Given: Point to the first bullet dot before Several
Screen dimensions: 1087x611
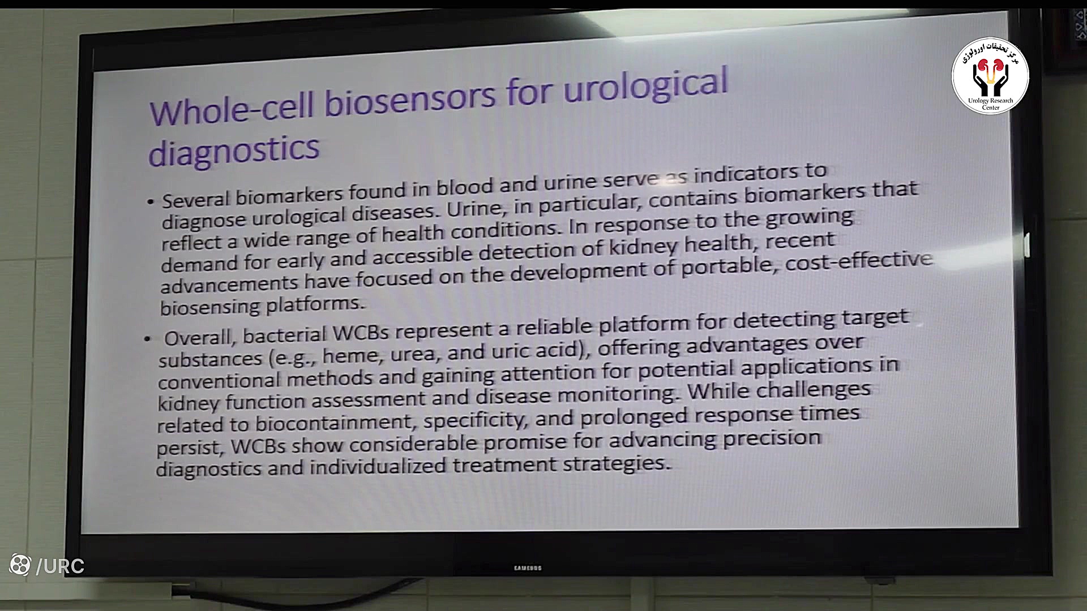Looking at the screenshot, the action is (x=150, y=201).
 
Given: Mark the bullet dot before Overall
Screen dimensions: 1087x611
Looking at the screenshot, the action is (x=148, y=339).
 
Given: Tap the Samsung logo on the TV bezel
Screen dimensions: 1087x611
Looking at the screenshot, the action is (x=528, y=568).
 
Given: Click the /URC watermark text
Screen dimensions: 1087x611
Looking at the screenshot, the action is (x=60, y=566).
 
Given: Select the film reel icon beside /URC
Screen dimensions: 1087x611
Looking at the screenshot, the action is (x=20, y=565).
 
